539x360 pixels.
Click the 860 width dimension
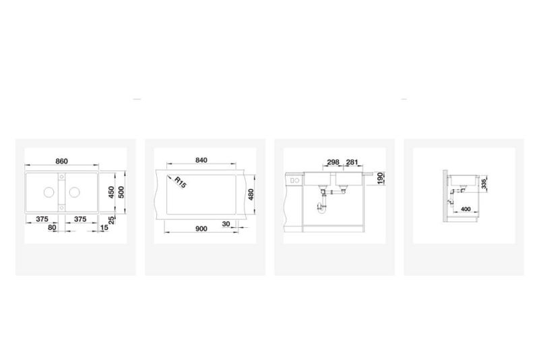point(61,161)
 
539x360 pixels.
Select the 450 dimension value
point(111,193)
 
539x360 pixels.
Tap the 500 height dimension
point(121,192)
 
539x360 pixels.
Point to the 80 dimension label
point(52,227)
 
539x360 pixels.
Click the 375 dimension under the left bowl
point(42,219)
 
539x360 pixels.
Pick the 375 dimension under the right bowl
point(80,219)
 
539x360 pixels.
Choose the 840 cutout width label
point(201,160)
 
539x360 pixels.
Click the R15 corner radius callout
point(180,182)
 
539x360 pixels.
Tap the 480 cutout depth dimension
point(251,195)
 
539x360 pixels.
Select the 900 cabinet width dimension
point(201,229)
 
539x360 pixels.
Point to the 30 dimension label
point(226,224)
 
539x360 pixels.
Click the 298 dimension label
point(333,162)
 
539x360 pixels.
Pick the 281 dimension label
point(352,162)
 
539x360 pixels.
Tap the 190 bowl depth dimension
point(380,179)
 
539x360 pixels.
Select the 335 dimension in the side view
point(484,184)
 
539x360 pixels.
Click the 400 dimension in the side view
point(466,209)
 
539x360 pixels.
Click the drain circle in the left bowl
point(49,192)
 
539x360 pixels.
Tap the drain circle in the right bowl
point(74,192)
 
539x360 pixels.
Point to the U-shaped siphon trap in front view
point(322,207)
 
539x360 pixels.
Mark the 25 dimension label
point(111,220)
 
